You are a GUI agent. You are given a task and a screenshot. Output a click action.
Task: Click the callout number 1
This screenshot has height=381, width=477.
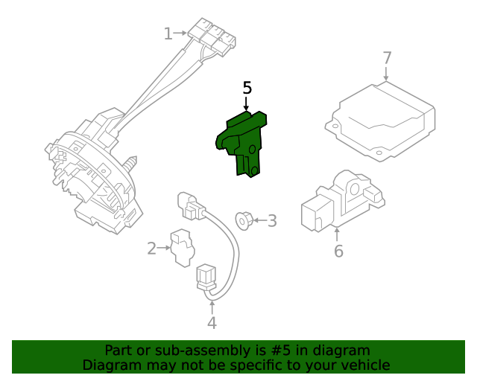[168, 33]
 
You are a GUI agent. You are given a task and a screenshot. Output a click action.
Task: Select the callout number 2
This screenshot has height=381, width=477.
[151, 249]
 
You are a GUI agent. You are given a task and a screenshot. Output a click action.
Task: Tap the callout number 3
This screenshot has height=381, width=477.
[272, 220]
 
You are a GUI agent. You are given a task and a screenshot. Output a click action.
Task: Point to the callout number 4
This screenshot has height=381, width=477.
[212, 322]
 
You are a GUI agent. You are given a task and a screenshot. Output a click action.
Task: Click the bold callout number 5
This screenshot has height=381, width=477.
[247, 89]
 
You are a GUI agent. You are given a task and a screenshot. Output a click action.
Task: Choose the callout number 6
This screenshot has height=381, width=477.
[338, 251]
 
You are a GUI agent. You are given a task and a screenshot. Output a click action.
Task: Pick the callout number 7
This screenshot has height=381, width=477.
[387, 58]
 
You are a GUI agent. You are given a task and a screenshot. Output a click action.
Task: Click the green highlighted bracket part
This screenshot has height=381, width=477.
[242, 141]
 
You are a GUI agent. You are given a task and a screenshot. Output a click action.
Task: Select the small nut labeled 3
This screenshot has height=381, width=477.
[242, 220]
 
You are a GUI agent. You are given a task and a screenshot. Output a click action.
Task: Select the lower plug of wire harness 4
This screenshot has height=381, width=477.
[205, 279]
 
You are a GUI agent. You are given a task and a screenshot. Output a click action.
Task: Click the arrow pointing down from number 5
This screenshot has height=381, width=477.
[247, 105]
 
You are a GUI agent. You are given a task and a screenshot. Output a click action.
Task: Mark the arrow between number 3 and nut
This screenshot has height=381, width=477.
[259, 220]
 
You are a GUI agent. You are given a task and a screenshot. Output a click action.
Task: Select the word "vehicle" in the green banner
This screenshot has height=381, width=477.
[365, 365]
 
